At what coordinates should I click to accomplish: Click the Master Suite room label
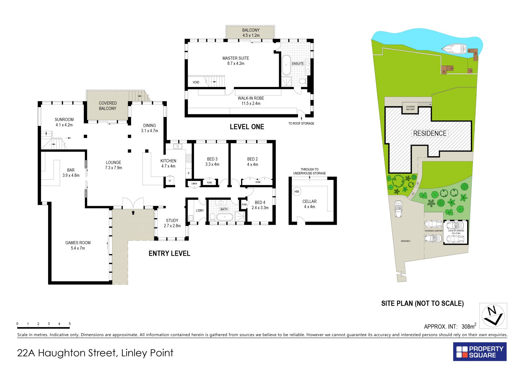pyautogui.click(x=236, y=61)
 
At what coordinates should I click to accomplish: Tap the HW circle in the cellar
pyautogui.click(x=297, y=191)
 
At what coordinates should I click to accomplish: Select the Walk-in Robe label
pyautogui.click(x=251, y=101)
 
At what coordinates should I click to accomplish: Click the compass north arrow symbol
pyautogui.click(x=493, y=316)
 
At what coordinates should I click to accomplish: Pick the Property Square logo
pyautogui.click(x=480, y=352)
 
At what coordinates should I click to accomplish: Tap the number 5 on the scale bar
pyautogui.click(x=70, y=324)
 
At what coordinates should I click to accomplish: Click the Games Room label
pyautogui.click(x=78, y=245)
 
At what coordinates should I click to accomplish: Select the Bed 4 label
pyautogui.click(x=260, y=205)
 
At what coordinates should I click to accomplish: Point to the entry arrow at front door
pyautogui.click(x=133, y=212)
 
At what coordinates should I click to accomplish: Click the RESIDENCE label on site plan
pyautogui.click(x=430, y=133)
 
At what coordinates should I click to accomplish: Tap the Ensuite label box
pyautogui.click(x=298, y=64)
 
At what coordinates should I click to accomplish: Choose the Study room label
pyautogui.click(x=172, y=223)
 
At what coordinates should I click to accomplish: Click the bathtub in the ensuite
pyautogui.click(x=286, y=65)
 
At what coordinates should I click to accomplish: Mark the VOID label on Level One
pyautogui.click(x=196, y=82)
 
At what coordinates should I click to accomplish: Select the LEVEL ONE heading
pyautogui.click(x=247, y=127)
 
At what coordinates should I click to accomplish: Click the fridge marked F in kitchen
pyautogui.click(x=189, y=173)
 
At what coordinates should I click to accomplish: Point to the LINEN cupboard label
pyautogui.click(x=194, y=184)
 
